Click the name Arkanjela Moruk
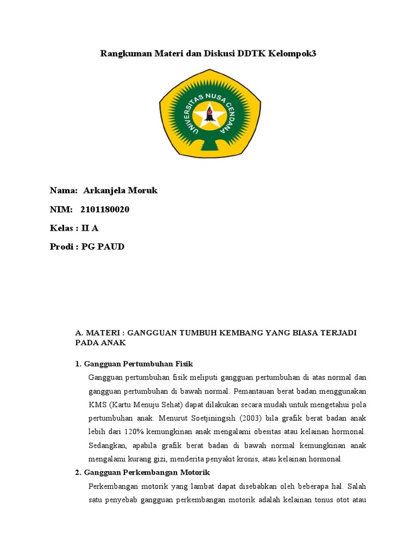pos(120,190)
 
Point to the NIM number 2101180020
pos(105,210)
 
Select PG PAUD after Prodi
pos(103,247)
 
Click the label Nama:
pos(64,190)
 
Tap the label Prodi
pos(61,247)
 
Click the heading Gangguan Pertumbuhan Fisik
pos(138,363)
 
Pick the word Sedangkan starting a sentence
pos(108,445)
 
